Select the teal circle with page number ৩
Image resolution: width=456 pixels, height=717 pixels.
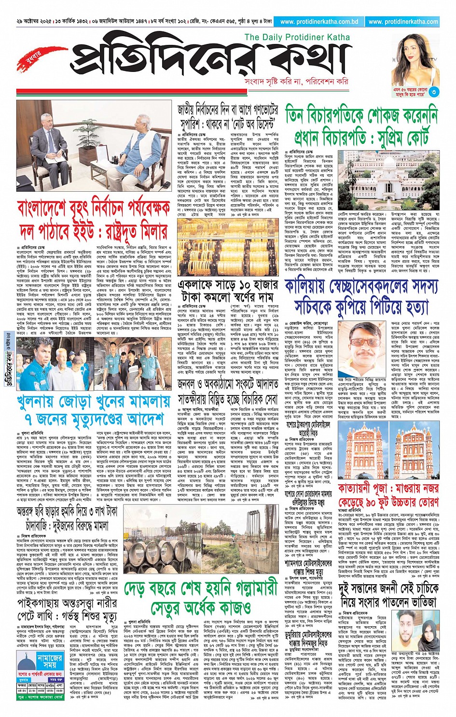click(434, 91)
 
